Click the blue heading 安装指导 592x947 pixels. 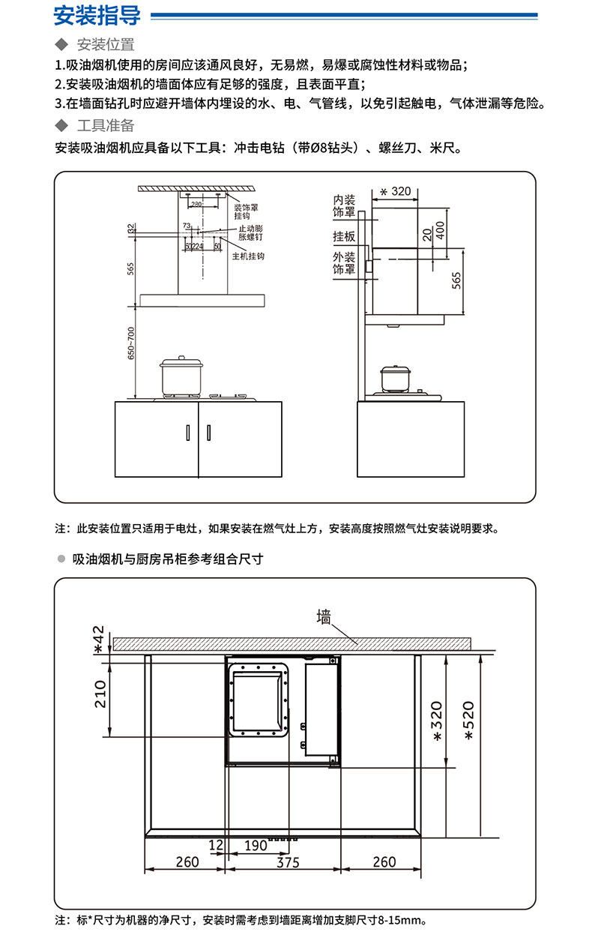(x=97, y=16)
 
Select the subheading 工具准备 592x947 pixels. (x=106, y=125)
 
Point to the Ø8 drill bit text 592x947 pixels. (x=324, y=148)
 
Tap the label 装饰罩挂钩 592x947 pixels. (x=246, y=211)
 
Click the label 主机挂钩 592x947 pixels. (x=248, y=256)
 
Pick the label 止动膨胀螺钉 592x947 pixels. (x=250, y=232)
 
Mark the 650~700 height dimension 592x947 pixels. (x=131, y=343)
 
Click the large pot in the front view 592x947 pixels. (x=181, y=376)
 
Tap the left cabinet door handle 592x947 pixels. (x=188, y=432)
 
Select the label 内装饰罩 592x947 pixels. (x=344, y=206)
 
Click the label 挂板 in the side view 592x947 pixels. (x=344, y=236)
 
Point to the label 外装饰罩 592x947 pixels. (x=344, y=263)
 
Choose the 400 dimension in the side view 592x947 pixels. (x=441, y=230)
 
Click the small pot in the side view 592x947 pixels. (x=395, y=379)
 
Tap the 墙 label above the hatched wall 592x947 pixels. (x=324, y=617)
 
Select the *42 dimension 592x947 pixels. (x=98, y=640)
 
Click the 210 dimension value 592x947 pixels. (x=100, y=694)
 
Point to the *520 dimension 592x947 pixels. (x=468, y=721)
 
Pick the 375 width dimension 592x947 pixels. (x=289, y=862)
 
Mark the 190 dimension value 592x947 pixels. (x=256, y=846)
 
